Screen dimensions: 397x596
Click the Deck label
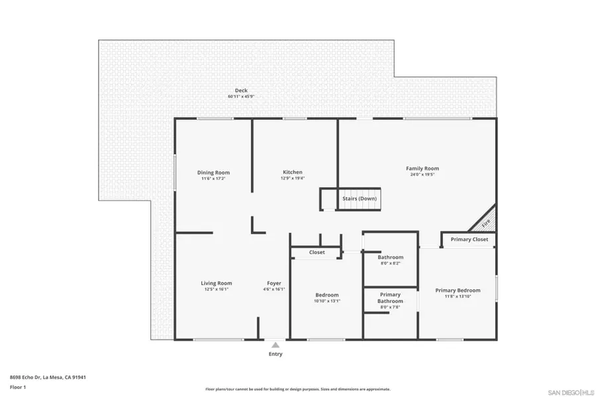(x=241, y=91)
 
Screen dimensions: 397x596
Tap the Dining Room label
(x=213, y=173)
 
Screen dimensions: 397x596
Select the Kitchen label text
(x=293, y=173)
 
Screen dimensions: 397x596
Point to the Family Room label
(x=422, y=169)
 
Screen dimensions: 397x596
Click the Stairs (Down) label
(x=360, y=198)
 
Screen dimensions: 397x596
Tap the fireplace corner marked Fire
(x=486, y=222)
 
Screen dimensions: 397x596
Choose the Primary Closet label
(x=470, y=240)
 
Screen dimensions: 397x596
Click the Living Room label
(x=217, y=283)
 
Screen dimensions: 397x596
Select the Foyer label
(x=274, y=283)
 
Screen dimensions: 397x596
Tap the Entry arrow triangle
(x=275, y=344)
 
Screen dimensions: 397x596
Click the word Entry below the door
(x=275, y=354)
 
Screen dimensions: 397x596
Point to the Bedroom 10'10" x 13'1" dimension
(x=327, y=301)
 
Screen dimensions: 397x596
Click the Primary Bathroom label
(x=390, y=298)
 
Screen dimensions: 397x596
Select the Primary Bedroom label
(x=458, y=290)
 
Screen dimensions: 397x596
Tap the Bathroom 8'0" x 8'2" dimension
(x=390, y=263)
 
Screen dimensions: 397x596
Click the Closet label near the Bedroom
(x=317, y=252)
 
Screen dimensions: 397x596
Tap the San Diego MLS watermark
(x=571, y=392)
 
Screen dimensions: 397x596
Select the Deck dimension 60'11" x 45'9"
(x=241, y=97)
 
